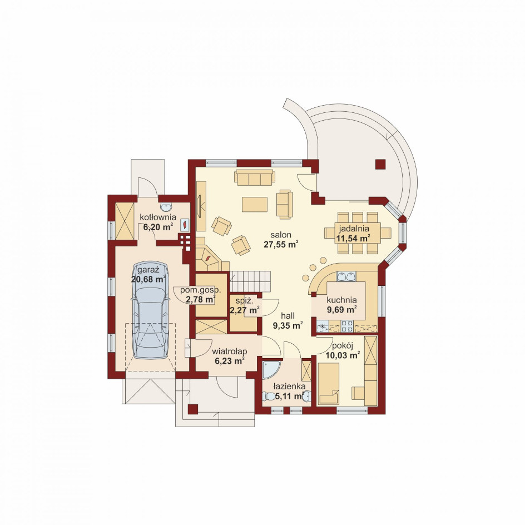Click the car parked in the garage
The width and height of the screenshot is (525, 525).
pos(150,310)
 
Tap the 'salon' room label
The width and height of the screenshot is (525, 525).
pos(281,235)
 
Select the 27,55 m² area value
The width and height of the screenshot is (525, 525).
pos(281,244)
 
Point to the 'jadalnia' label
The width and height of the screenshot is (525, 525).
pos(354,229)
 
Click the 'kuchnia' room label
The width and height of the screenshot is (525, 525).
pos(341,300)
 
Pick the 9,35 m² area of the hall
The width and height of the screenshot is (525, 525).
pos(288,325)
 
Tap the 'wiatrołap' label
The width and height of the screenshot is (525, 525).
pos(230,351)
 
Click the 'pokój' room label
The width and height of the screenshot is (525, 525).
pos(343,346)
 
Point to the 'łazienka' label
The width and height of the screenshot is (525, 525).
pos(289,387)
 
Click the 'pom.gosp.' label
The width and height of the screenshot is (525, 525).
pos(201,290)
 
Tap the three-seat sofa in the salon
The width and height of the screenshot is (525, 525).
pos(255,177)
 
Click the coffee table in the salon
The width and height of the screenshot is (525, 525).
pos(255,204)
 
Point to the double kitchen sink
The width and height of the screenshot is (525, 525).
pos(346,276)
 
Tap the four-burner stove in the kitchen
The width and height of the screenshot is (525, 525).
pos(347,326)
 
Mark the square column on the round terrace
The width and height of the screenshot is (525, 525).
pos(380,164)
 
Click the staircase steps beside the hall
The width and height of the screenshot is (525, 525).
pos(250,281)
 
